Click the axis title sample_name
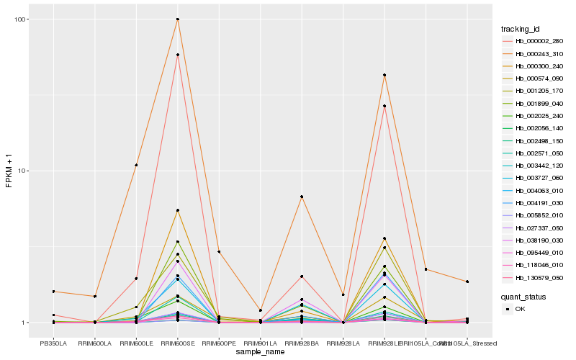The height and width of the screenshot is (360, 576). click(x=259, y=352)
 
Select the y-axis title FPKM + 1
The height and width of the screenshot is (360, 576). click(x=9, y=171)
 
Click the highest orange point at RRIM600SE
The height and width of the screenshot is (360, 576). click(x=177, y=19)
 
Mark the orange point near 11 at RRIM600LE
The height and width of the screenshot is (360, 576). click(x=136, y=165)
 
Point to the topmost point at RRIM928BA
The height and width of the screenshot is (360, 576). click(x=302, y=197)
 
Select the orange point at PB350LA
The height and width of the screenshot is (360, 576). click(x=53, y=291)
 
